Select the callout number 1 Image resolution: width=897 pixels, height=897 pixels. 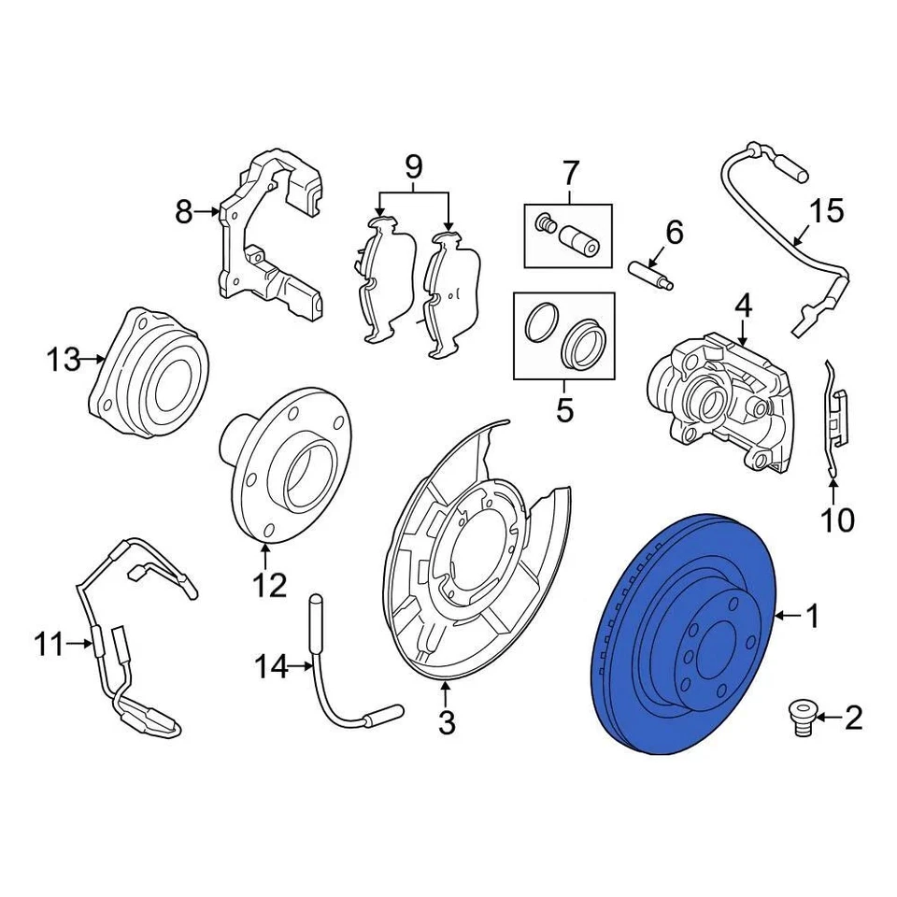click(812, 616)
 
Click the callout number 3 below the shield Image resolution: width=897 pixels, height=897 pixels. click(447, 721)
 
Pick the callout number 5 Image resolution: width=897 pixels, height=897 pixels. click(564, 409)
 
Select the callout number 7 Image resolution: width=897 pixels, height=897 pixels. click(570, 173)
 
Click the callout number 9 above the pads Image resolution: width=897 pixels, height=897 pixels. click(413, 168)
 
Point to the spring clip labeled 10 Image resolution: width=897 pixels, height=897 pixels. click(836, 411)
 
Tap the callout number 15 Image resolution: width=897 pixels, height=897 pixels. click(826, 211)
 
